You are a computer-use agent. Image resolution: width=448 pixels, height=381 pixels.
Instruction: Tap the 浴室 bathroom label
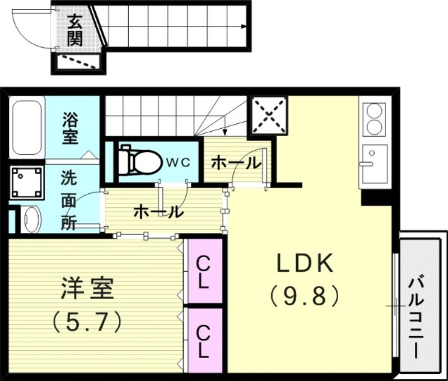[71, 128]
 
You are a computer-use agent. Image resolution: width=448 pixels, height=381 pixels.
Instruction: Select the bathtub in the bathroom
[27, 128]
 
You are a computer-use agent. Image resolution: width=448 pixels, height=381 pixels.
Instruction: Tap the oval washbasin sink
[32, 219]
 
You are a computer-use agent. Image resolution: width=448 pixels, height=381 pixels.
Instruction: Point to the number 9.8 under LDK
[305, 295]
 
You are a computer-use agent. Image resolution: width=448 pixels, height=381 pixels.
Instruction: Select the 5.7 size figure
[87, 322]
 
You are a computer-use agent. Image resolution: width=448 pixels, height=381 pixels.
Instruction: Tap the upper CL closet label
[203, 271]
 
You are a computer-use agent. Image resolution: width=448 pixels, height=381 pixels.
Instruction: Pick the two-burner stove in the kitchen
[374, 119]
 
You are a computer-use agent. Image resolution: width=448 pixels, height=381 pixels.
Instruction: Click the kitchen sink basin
[374, 162]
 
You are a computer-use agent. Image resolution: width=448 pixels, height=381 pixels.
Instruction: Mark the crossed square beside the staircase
[269, 116]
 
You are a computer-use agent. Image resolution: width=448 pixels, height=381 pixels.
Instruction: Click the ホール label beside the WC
[235, 163]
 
